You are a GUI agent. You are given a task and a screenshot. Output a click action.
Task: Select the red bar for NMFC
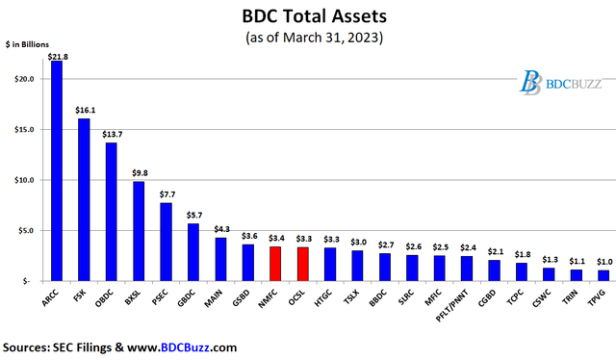tap(275, 264)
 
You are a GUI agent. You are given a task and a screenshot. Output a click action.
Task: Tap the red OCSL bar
tap(302, 265)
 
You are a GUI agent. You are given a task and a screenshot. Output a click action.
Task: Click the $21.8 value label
tap(58, 57)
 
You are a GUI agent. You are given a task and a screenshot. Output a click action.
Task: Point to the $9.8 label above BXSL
tap(140, 174)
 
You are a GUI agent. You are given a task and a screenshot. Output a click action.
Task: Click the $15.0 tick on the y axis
tap(28, 129)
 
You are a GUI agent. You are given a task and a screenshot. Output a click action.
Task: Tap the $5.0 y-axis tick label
tap(30, 230)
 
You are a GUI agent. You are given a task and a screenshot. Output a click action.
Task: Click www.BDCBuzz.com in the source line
tap(184, 347)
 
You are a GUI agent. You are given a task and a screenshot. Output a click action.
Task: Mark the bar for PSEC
tap(166, 242)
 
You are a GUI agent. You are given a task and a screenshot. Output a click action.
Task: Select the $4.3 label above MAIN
tap(221, 229)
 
